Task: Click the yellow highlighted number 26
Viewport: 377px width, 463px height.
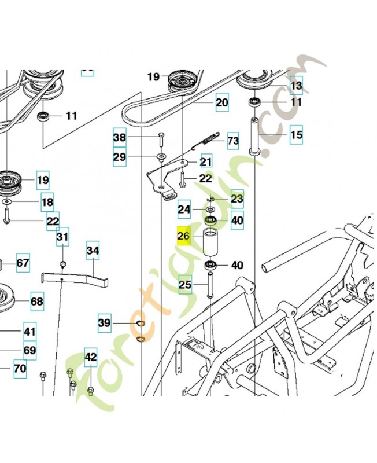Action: [x=184, y=236]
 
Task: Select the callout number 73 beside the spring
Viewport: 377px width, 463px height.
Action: [x=232, y=141]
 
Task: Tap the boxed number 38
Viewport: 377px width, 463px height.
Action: [x=119, y=138]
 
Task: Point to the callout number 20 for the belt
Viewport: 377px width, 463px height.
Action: [x=222, y=104]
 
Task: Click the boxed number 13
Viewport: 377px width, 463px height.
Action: [x=296, y=86]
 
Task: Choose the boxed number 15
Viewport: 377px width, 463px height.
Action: [x=296, y=135]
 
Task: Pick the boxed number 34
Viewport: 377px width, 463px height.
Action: [x=93, y=251]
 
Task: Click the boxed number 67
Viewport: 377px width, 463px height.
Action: [x=22, y=263]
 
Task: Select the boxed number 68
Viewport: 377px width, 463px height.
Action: [x=36, y=302]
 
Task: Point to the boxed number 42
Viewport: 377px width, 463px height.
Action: [x=91, y=357]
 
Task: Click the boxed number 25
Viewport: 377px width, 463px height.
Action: [x=185, y=285]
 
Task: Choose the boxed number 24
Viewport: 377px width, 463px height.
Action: [x=184, y=209]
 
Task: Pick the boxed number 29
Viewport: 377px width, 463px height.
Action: [x=119, y=157]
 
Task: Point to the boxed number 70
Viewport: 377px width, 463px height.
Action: [x=20, y=368]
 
